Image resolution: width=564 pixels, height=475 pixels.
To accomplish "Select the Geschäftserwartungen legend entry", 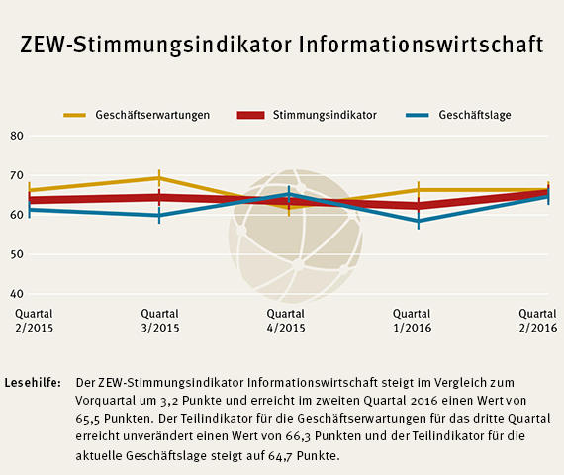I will coord(151,115).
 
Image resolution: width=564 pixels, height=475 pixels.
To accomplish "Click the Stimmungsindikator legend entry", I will coord(324,115).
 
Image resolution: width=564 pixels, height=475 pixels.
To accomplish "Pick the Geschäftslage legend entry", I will coord(474,115).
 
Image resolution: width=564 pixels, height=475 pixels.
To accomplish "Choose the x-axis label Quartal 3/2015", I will coord(160,320).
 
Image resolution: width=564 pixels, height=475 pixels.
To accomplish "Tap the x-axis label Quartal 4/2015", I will coord(287,320).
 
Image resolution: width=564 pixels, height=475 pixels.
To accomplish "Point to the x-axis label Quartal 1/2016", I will coord(418,320).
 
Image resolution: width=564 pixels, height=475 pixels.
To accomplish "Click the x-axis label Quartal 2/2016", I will coord(538,320).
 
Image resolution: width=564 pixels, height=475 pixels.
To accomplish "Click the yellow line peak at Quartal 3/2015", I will coord(159,178).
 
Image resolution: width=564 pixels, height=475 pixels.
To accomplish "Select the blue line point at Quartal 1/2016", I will coord(419,221).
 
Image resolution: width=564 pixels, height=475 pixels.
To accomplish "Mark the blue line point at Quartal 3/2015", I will coord(159,215).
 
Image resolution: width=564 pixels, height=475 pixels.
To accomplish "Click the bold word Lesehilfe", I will coord(33,381).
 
